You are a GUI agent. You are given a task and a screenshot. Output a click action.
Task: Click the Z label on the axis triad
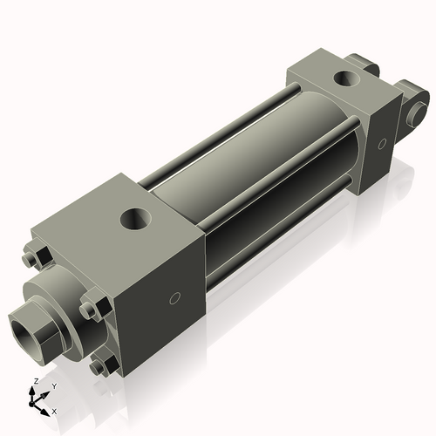coord(33,381)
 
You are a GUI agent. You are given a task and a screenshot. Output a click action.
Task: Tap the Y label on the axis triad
coord(53,385)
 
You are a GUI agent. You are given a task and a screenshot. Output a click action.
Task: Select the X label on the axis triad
coord(55,410)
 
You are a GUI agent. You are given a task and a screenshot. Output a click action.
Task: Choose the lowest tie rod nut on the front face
coord(101,367)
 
